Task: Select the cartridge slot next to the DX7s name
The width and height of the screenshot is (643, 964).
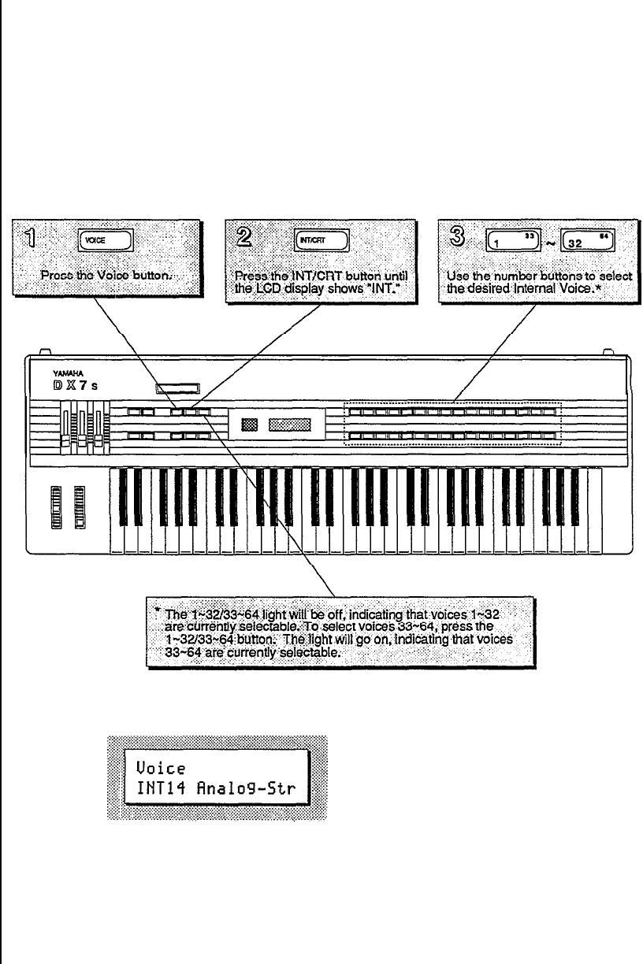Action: (177, 387)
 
